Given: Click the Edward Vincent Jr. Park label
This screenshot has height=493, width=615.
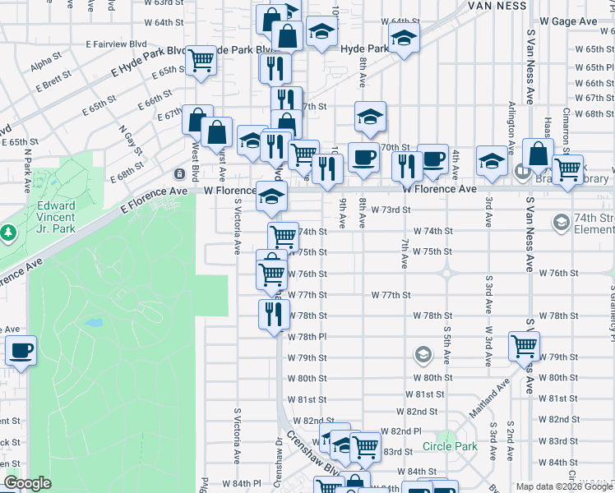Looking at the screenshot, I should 56,211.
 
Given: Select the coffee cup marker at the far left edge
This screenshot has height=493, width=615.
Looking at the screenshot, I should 21,351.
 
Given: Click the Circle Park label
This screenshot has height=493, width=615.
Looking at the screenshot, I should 450,446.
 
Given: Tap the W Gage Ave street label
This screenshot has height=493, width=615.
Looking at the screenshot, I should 568,21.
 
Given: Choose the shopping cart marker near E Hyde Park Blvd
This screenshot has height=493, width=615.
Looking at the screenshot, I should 201,60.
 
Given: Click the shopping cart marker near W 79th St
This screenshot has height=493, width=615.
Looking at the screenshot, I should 525,346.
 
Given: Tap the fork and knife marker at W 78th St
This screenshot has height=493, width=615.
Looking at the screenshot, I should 274,314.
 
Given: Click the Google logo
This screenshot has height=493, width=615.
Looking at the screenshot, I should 27,483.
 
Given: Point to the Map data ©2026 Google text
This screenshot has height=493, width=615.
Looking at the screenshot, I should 564,486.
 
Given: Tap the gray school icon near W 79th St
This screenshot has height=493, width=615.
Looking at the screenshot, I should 423,355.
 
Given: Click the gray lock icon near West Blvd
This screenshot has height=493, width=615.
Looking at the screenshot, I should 179,173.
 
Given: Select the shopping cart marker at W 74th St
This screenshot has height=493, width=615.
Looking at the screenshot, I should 284,236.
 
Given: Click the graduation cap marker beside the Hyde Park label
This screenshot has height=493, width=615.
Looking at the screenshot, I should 403,39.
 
